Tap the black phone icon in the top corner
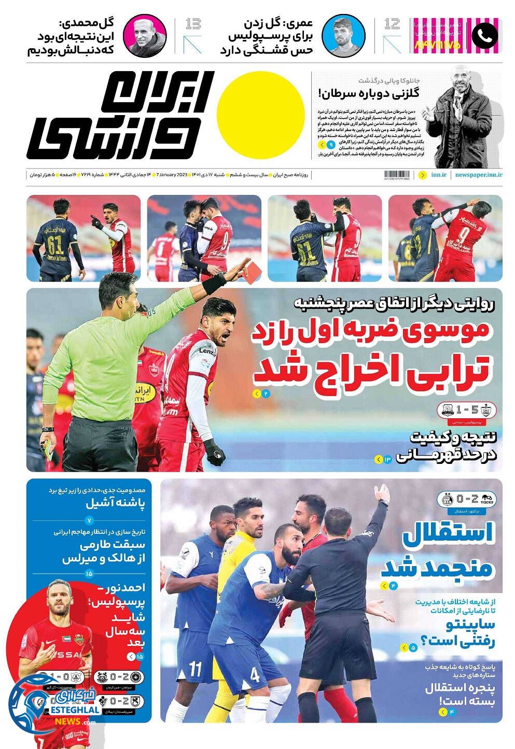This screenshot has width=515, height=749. click(484, 35)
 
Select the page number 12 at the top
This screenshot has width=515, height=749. click(393, 24)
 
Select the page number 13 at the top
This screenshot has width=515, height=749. click(193, 24)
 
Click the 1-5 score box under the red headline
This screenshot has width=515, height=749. click(466, 410)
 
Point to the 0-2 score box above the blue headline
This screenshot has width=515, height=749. click(466, 500)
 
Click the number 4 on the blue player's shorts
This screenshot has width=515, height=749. click(255, 675)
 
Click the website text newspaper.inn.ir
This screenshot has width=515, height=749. click(479, 175)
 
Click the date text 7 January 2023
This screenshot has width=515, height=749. click(171, 175)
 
